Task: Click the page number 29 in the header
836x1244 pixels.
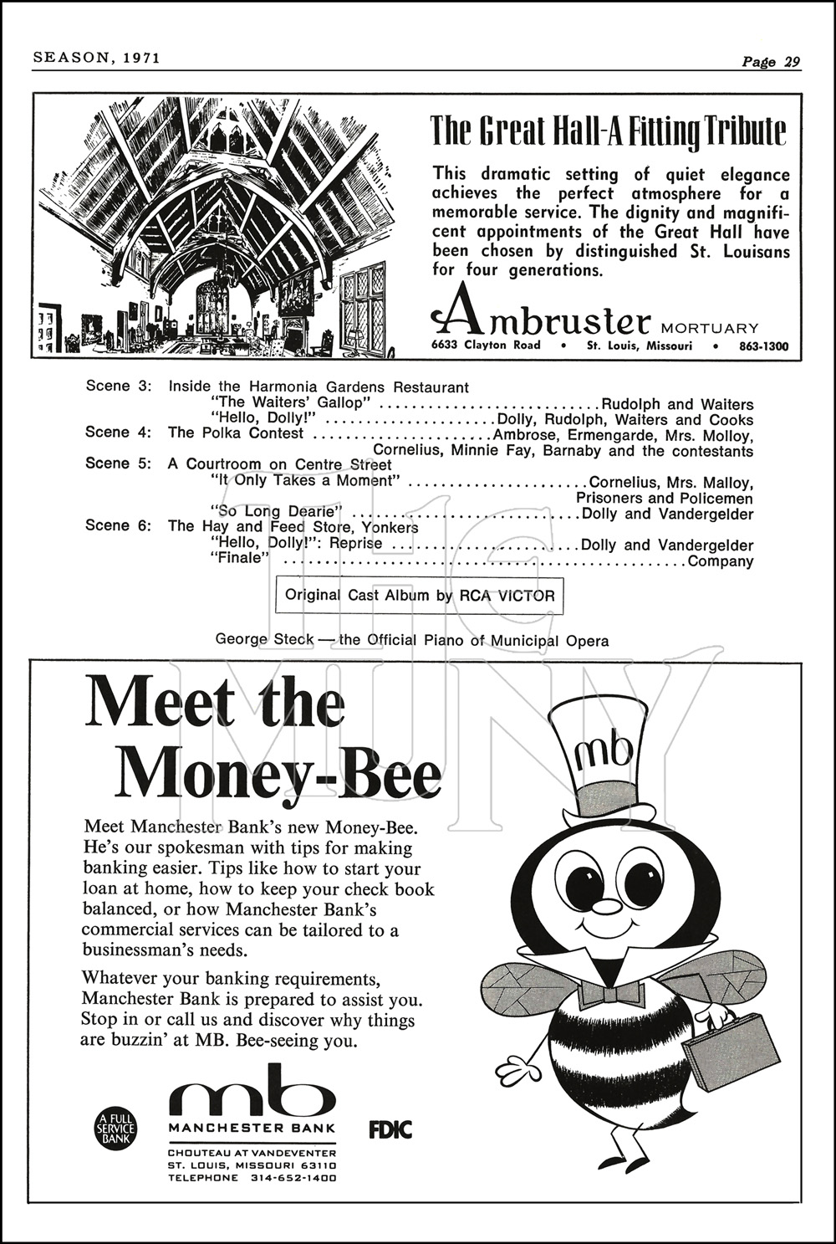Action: [x=791, y=62]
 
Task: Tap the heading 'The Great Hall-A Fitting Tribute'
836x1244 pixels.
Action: [x=608, y=131]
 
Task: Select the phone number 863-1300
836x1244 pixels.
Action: [x=763, y=346]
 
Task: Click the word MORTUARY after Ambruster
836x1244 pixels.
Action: [x=710, y=328]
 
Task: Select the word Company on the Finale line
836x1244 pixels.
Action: [x=720, y=561]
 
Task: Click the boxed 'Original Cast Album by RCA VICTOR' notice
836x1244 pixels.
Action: [x=420, y=596]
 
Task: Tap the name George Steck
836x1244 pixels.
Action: [x=264, y=640]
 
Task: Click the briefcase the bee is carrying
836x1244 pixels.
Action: [x=724, y=1047]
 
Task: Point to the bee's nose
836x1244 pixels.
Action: [x=607, y=906]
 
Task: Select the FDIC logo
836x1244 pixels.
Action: [x=390, y=1129]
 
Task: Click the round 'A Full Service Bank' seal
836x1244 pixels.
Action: [x=116, y=1129]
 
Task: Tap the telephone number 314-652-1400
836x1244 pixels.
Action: [x=293, y=1178]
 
